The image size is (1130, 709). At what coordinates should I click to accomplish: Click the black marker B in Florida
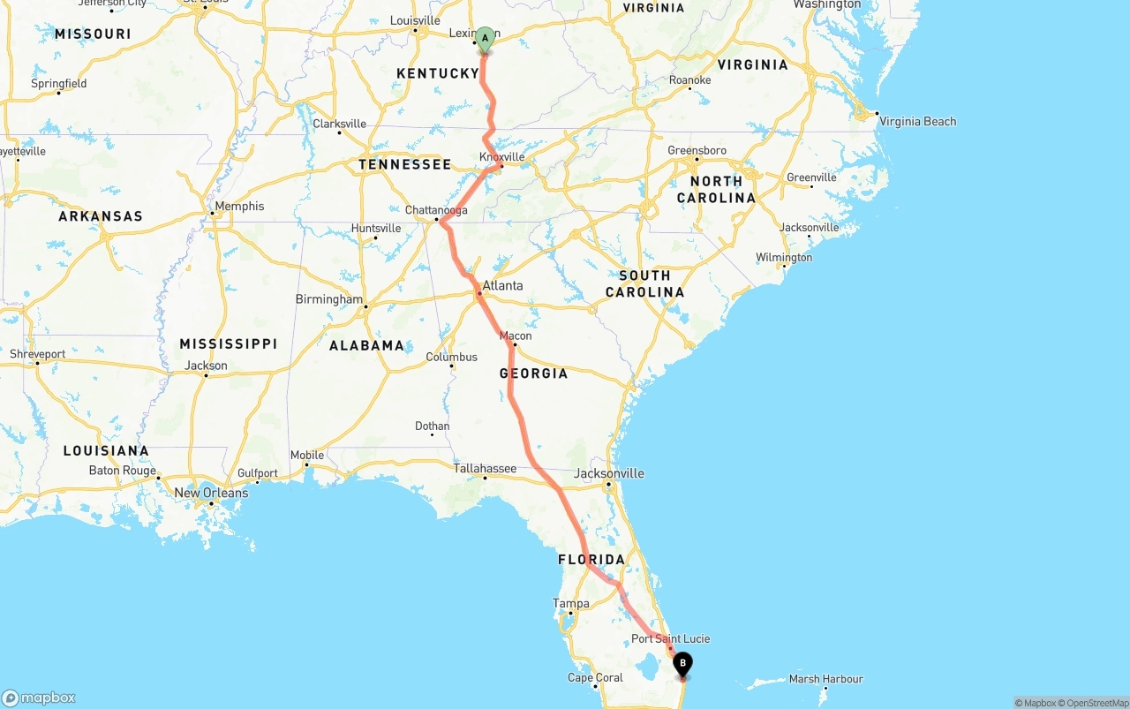[682, 664]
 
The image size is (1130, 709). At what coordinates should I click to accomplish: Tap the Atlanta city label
[503, 285]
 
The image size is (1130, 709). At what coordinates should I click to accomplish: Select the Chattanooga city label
[436, 210]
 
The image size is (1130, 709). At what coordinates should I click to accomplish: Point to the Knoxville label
[501, 157]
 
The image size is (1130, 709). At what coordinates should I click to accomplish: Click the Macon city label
[516, 336]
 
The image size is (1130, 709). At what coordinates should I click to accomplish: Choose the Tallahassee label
[485, 469]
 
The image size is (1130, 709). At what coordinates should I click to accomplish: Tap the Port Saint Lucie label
[670, 638]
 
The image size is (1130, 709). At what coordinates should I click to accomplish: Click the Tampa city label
[570, 604]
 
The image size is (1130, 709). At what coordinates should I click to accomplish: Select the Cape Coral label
[595, 678]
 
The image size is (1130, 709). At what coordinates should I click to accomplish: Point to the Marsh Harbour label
[825, 679]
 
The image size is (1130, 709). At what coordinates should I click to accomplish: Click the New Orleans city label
[211, 493]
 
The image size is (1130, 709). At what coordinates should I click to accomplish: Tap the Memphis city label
[239, 206]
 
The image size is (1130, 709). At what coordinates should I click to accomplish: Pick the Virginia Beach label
[917, 122]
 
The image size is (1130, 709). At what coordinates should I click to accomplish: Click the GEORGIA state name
[533, 373]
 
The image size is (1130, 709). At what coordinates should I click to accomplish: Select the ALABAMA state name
[366, 345]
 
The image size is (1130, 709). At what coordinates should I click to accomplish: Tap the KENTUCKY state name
[438, 73]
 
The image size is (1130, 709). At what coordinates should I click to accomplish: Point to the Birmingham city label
[329, 299]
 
